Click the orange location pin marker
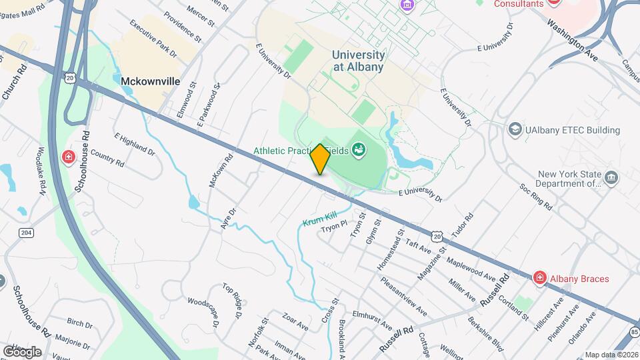tap(320, 159)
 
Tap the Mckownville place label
tap(151, 81)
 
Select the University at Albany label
tap(359, 61)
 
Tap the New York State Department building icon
tap(612, 177)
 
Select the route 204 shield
tap(26, 232)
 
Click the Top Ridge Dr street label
tap(232, 298)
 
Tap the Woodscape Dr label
tap(202, 311)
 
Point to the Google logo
tap(22, 351)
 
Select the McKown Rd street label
tap(220, 169)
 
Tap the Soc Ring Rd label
tap(537, 194)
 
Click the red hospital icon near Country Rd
tap(69, 157)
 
